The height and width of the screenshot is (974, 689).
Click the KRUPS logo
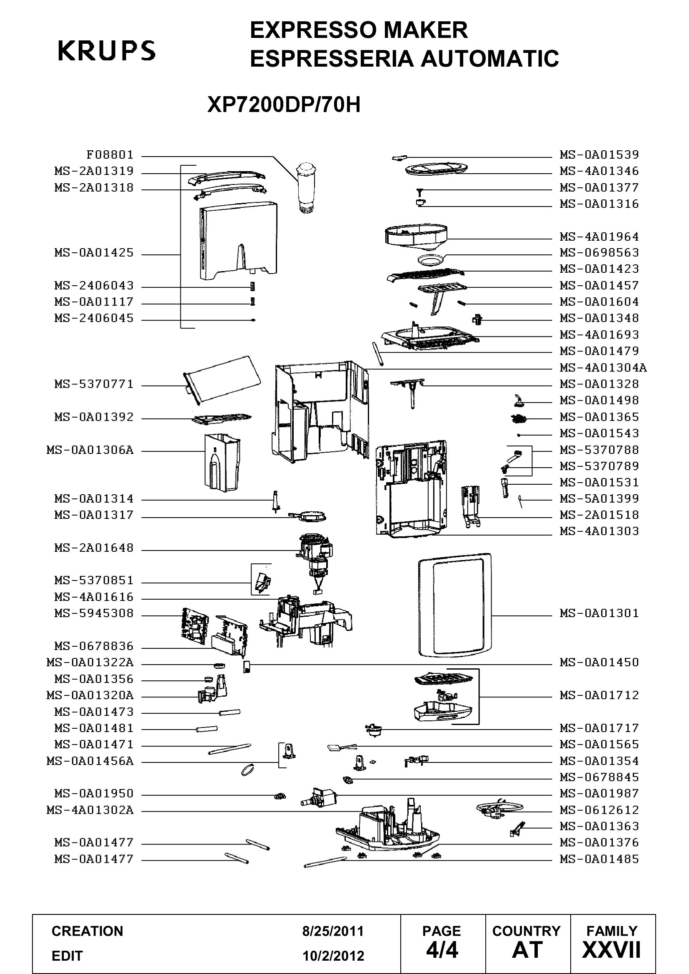tap(107, 51)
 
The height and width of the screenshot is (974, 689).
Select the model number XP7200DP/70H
tap(284, 105)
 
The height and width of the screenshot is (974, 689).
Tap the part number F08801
tap(110, 154)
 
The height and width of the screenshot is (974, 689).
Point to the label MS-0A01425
tap(94, 253)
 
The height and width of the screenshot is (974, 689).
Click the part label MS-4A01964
tap(599, 237)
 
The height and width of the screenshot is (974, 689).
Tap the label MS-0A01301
tap(599, 613)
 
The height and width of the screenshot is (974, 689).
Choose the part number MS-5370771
tap(94, 384)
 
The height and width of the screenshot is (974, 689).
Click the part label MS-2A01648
tap(94, 548)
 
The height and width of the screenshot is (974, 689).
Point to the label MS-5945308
tap(94, 613)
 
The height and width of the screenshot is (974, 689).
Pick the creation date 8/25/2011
tap(333, 931)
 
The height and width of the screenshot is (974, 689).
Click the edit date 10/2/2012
tap(333, 956)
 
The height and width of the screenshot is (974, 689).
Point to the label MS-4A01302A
tap(90, 810)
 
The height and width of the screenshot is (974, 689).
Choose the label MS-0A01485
tap(599, 859)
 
